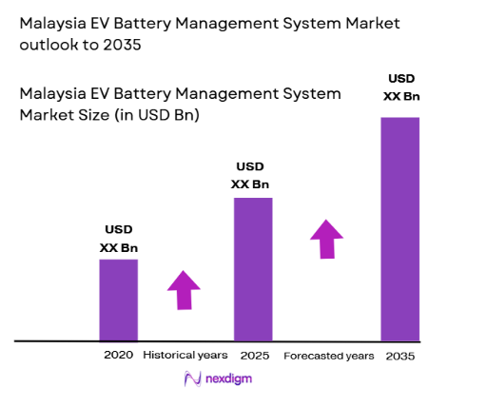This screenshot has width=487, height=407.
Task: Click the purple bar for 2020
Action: pos(119,300)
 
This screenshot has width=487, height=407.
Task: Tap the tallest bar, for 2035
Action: pos(400,228)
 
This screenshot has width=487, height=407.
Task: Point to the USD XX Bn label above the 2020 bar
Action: pos(119,239)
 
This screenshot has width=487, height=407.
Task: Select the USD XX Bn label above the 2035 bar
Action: pos(400,87)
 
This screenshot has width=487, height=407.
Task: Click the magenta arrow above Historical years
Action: pos(184,290)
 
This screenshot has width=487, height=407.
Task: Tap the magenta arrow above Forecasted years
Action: pos(326,239)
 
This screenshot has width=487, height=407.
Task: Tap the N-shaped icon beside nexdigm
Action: pos(190,379)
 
